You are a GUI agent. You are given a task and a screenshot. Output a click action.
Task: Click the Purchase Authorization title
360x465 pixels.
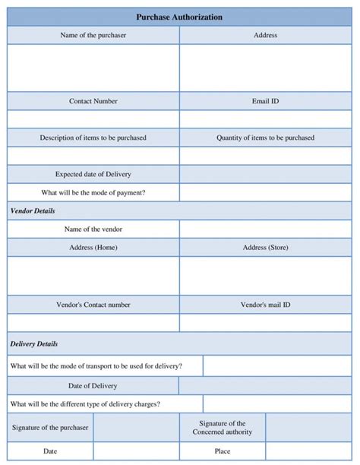179,17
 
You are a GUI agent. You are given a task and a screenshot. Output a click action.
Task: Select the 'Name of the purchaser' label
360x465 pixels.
93,35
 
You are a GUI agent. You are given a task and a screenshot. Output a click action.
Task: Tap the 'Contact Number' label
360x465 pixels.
93,101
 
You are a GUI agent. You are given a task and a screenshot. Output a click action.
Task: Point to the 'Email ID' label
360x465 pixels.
265,101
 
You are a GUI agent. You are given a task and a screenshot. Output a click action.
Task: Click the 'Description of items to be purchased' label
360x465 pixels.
93,138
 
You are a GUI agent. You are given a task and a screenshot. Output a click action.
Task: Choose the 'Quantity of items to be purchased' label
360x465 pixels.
265,138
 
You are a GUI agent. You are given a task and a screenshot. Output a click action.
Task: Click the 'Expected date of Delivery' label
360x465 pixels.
93,174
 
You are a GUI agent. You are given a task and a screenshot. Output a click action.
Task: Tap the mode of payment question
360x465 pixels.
93,192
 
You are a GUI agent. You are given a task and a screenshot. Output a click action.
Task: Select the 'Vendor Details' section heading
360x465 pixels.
33,210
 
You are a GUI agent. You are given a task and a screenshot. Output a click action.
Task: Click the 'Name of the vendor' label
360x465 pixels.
93,229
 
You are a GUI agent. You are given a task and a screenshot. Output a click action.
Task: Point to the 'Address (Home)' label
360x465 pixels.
93,248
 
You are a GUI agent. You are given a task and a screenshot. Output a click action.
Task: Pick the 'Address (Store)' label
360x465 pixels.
265,248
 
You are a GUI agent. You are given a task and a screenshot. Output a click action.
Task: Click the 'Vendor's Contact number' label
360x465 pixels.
93,305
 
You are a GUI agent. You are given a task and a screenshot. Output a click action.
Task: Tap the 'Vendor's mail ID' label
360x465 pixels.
265,305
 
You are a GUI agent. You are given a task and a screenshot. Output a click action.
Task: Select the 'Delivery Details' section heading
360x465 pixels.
34,343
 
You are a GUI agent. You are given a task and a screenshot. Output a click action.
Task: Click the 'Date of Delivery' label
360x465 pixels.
93,385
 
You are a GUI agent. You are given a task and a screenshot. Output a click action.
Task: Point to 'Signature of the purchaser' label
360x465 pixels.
50,428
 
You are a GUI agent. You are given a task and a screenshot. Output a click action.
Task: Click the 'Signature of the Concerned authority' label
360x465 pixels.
223,428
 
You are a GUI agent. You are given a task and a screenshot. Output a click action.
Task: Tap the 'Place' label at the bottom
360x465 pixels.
223,451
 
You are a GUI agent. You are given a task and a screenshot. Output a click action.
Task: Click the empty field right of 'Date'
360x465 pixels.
136,451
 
